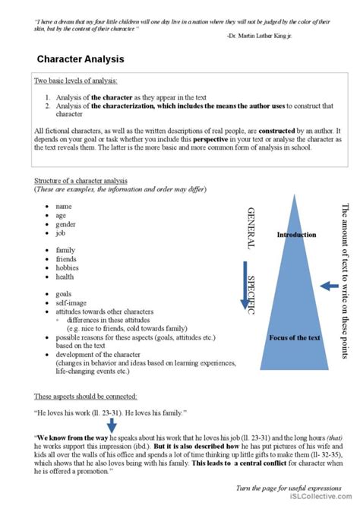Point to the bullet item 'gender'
[65, 225]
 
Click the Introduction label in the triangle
[296, 235]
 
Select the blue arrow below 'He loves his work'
[111, 425]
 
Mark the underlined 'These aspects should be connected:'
[85, 397]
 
